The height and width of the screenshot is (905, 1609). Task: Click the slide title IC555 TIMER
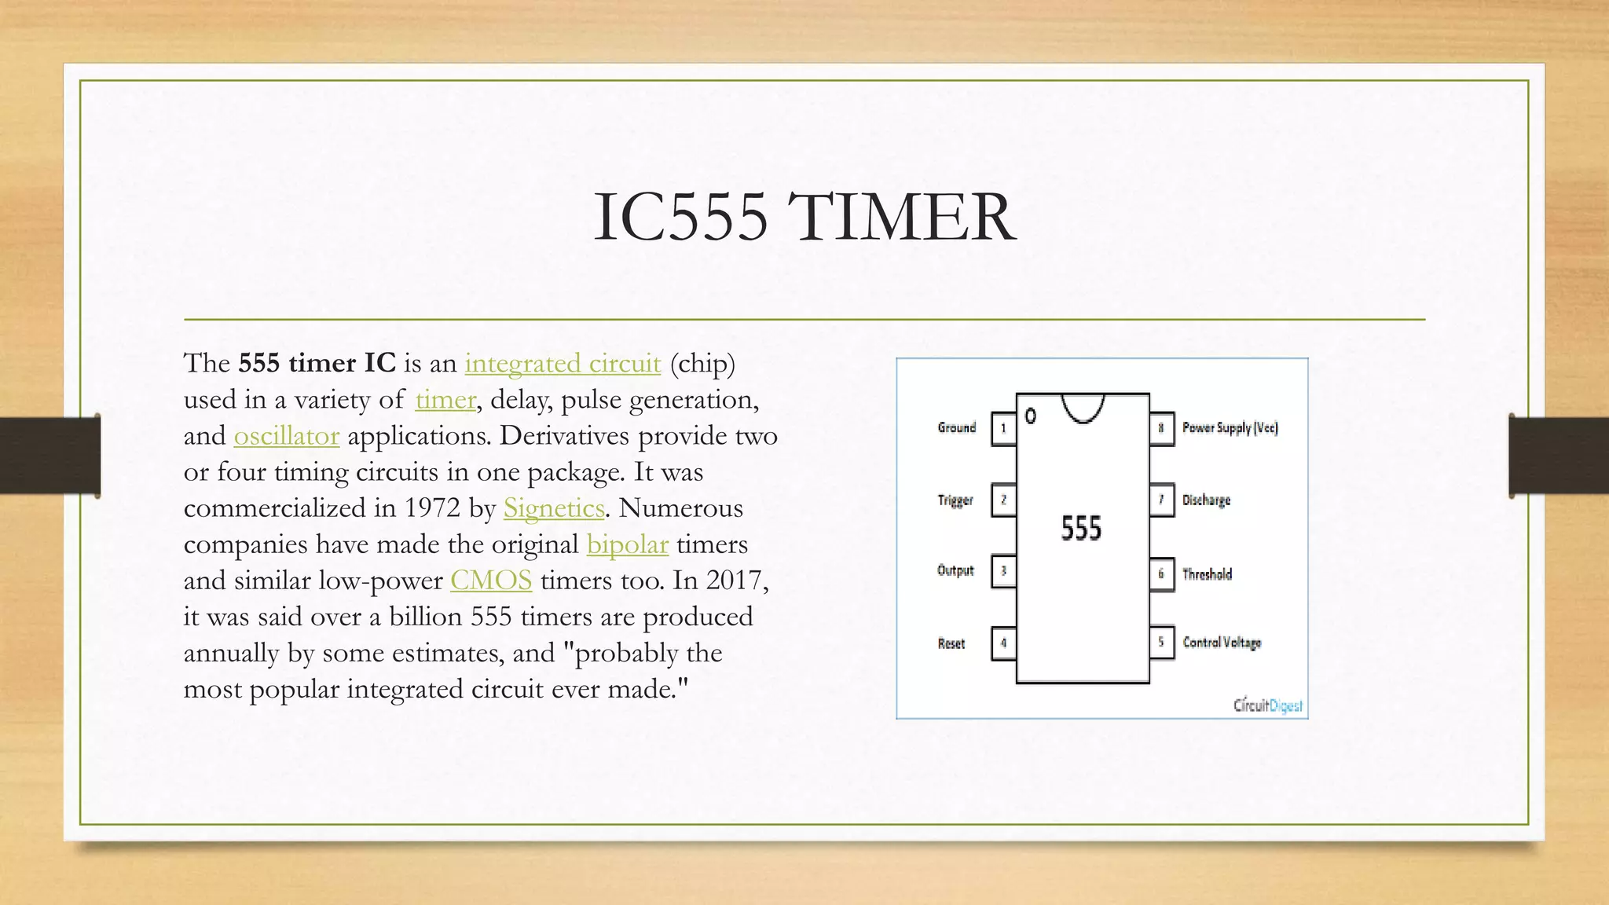(x=804, y=217)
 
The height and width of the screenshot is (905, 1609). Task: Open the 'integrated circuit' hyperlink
(x=563, y=364)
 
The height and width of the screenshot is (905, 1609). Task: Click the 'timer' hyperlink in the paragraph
(x=445, y=400)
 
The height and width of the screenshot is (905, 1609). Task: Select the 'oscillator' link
(x=286, y=436)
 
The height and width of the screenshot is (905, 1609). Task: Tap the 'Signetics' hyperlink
(x=554, y=508)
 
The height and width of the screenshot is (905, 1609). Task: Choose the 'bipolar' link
(x=627, y=544)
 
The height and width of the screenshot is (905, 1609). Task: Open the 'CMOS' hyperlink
(x=491, y=581)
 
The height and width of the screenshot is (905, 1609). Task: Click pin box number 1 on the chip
(x=1003, y=429)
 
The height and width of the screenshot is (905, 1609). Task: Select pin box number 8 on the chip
(x=1161, y=429)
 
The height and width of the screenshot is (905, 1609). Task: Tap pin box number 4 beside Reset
(x=1003, y=643)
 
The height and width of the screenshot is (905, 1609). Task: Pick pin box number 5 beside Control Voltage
(x=1161, y=643)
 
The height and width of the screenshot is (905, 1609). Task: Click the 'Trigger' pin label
(x=955, y=500)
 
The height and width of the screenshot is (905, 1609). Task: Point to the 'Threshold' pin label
(x=1207, y=574)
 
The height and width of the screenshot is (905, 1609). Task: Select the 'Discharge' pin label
(x=1206, y=500)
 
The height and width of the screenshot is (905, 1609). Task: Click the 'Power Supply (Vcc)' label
(x=1230, y=428)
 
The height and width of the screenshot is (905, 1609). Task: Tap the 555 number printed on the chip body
(x=1081, y=528)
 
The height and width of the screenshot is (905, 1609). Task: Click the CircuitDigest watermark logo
(x=1267, y=705)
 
